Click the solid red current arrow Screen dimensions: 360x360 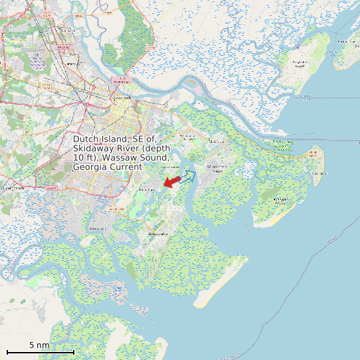pyautogui.click(x=171, y=181)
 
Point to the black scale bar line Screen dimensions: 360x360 pyautogui.click(x=40, y=351)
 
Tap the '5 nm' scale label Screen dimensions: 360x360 pyautogui.click(x=39, y=345)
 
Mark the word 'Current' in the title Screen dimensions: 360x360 pyautogui.click(x=127, y=167)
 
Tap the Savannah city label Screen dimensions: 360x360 pyautogui.click(x=122, y=98)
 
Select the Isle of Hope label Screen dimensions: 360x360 pyautogui.click(x=145, y=190)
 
